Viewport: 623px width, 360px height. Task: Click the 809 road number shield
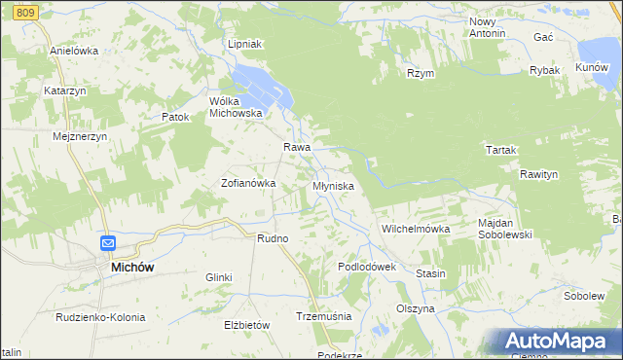point(26,12)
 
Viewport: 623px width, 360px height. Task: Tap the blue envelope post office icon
point(108,244)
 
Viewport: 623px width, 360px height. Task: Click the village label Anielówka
point(74,51)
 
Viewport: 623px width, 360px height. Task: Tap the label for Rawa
point(297,147)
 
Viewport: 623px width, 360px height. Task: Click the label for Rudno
point(272,238)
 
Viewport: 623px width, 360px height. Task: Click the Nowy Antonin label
point(488,27)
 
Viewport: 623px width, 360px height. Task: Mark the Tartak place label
point(500,150)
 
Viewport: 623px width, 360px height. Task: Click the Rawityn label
point(538,174)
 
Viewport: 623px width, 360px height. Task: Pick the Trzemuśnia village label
point(322,316)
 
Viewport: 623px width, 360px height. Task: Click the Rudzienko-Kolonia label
point(100,317)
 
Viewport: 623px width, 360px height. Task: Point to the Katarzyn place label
point(65,90)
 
